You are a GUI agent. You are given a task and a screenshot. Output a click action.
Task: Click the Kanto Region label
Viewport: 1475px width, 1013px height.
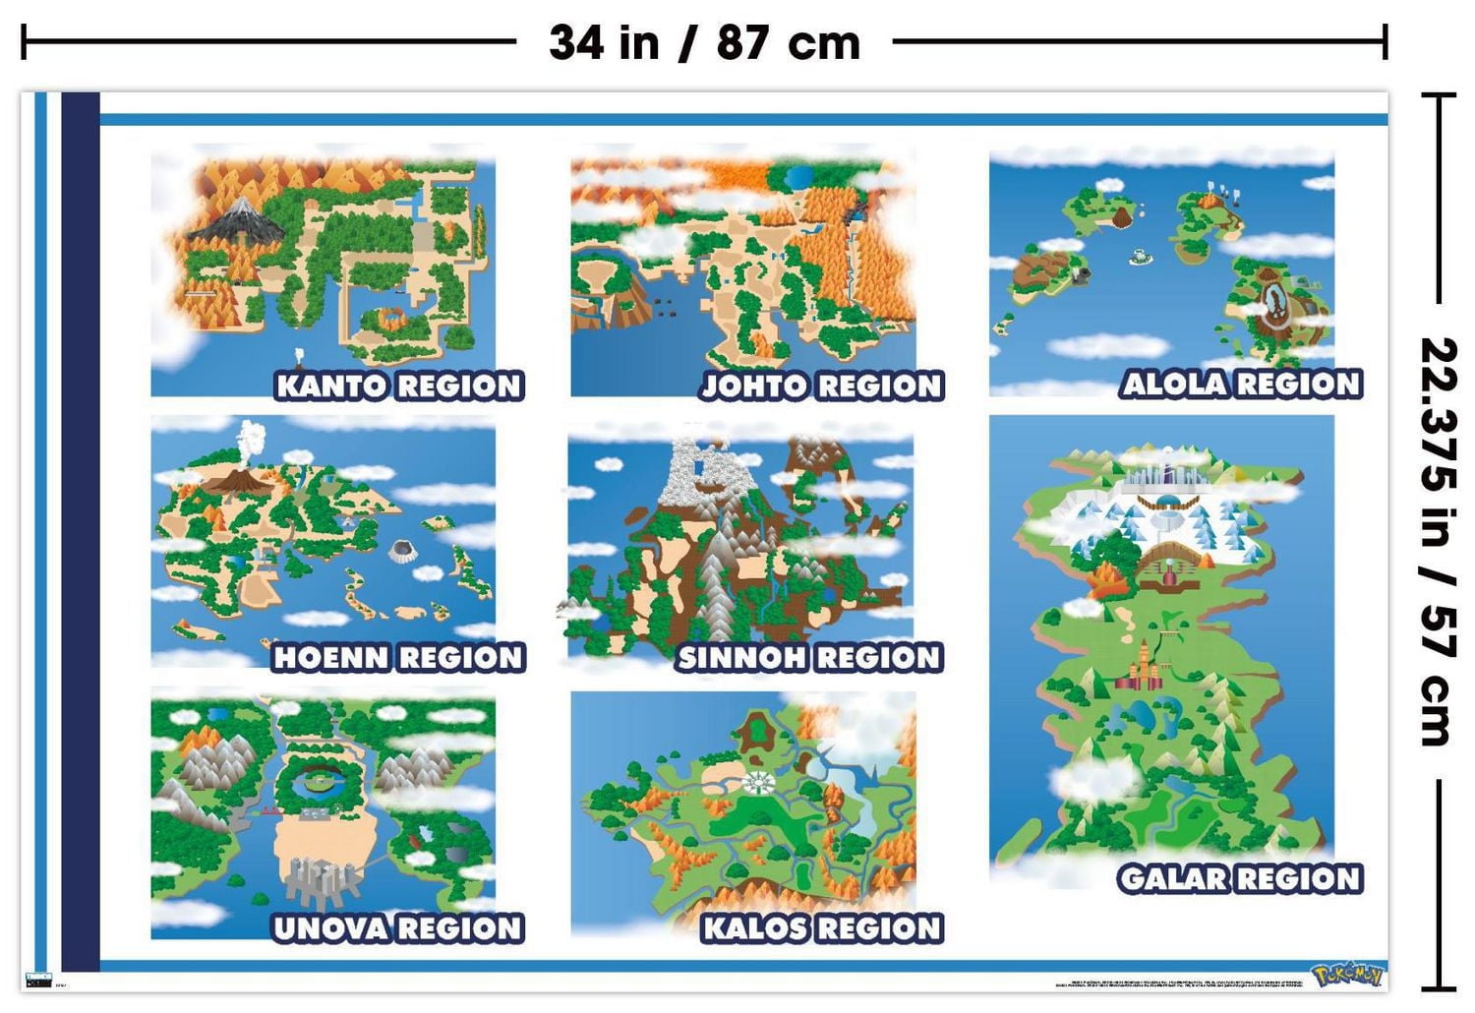pos(398,386)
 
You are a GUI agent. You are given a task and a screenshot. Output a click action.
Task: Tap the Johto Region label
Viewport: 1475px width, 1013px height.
pos(821,386)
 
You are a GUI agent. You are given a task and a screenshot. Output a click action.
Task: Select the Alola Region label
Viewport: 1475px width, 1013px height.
pos(1241,384)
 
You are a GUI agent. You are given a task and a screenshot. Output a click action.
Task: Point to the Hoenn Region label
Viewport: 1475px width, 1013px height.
pos(398,657)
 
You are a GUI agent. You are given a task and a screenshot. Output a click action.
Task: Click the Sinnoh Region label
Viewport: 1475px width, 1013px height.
pos(809,657)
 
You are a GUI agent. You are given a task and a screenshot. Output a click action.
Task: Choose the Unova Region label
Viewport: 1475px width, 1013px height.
pos(398,928)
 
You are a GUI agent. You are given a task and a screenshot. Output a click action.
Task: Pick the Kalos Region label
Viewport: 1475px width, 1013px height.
pos(822,928)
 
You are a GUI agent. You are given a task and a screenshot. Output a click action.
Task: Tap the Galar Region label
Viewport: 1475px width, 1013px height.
pos(1240,878)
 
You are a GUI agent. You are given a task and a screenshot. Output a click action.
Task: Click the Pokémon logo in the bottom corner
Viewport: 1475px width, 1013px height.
pos(1347,975)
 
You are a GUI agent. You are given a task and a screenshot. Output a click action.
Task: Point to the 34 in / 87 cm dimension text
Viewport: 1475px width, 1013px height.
pos(704,42)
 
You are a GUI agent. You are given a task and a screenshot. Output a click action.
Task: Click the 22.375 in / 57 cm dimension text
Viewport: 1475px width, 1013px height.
pos(1439,541)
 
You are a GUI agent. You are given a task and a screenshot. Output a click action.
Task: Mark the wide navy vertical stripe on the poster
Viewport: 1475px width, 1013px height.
pos(80,531)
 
